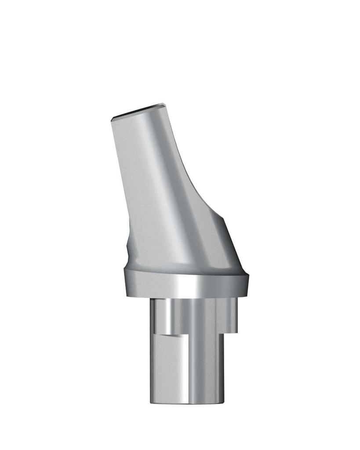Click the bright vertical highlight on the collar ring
189,286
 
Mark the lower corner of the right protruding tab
237,331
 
